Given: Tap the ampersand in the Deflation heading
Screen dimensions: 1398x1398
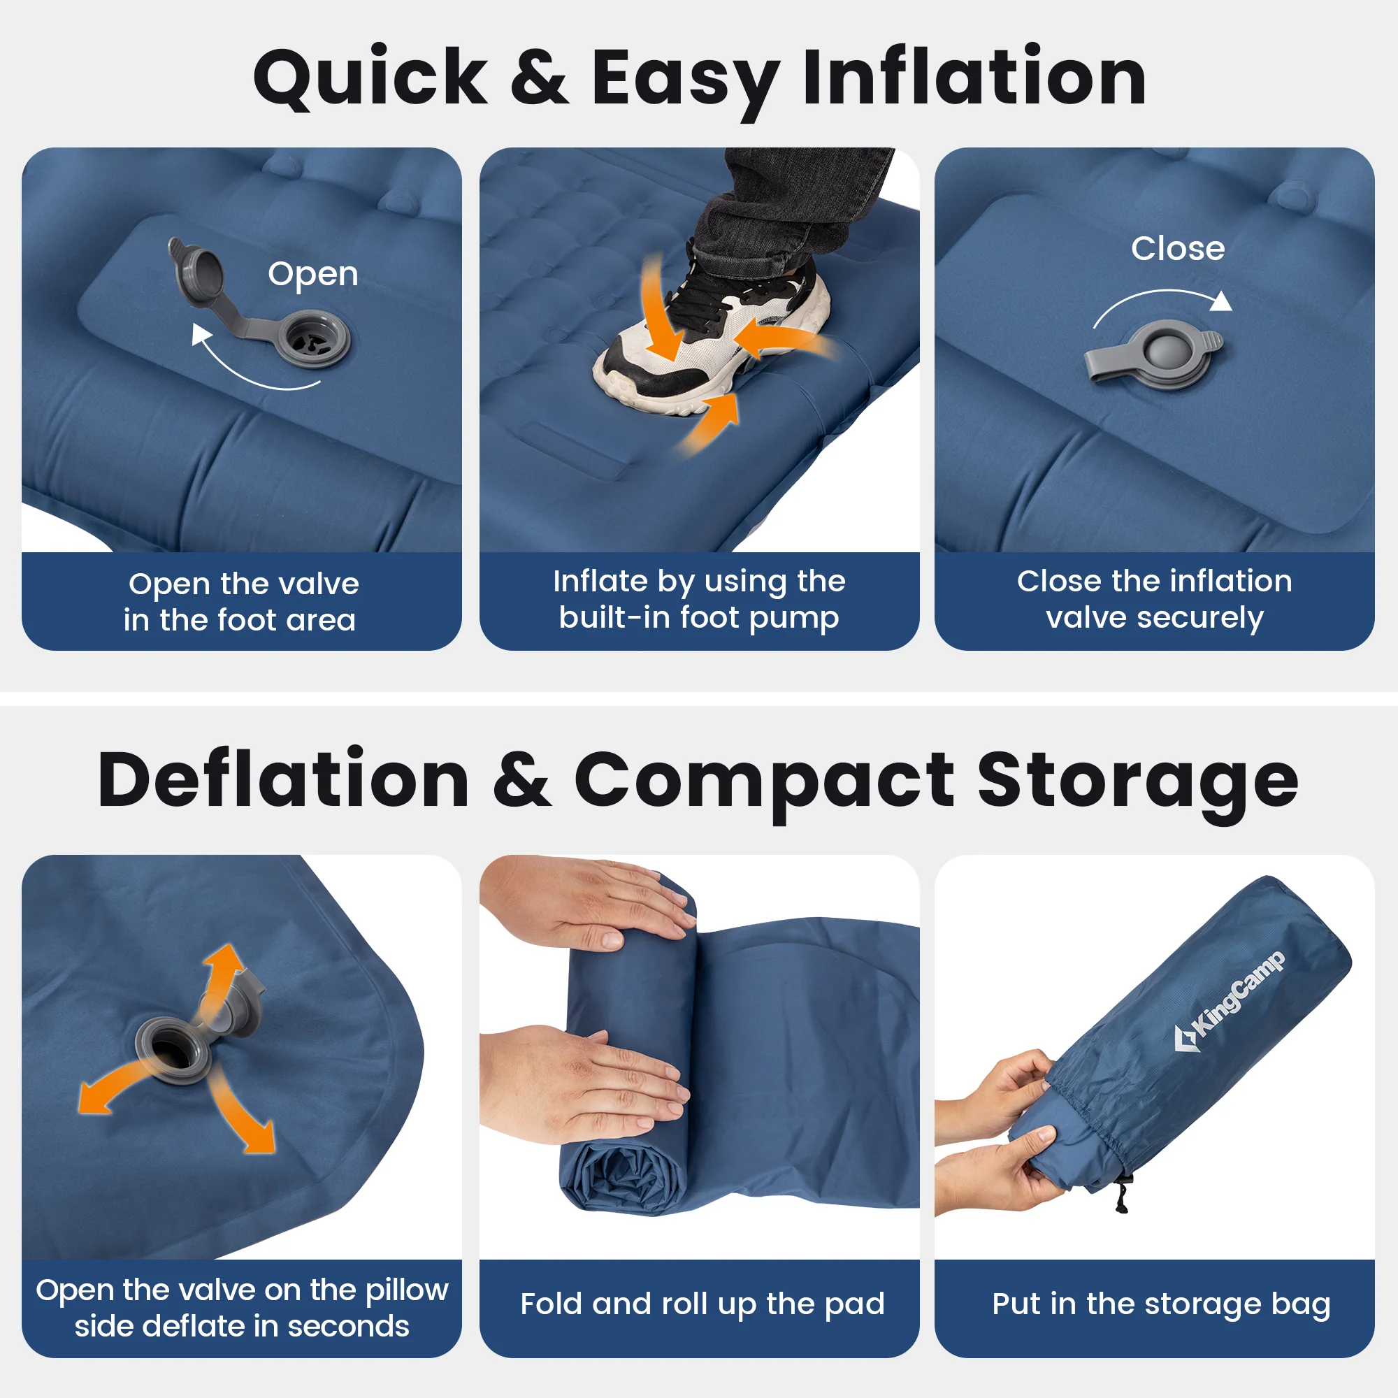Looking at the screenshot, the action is point(521,780).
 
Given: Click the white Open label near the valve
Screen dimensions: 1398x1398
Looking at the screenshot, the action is point(312,275).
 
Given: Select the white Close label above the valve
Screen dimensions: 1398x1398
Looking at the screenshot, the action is point(1178,248).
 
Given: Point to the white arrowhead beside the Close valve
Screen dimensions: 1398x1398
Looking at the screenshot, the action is point(1221,301).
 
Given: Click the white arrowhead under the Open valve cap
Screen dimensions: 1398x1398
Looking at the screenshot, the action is point(201,335).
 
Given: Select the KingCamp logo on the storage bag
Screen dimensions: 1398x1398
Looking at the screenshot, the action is point(1229,1001).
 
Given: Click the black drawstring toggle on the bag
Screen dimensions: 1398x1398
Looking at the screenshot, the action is point(1122,1195).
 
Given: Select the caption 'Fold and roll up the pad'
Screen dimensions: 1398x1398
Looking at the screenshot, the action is point(702,1304).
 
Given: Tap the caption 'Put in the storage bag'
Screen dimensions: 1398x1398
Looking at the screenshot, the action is point(1161,1304).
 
